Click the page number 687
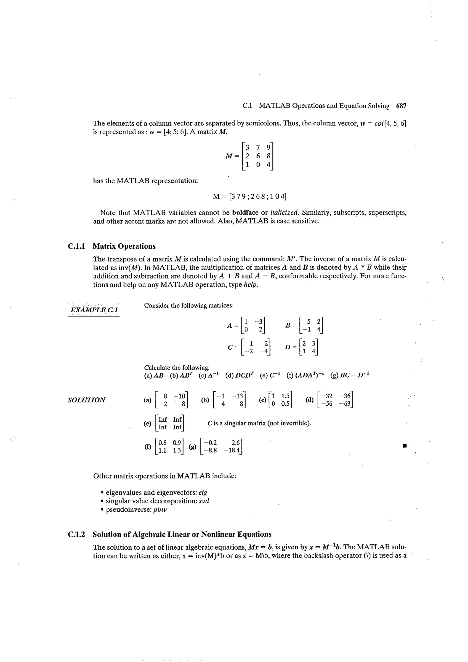[401, 106]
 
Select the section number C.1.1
[76, 246]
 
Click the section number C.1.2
[76, 534]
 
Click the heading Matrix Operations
[124, 246]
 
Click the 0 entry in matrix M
[258, 165]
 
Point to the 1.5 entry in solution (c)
[285, 396]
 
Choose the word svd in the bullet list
[204, 501]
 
